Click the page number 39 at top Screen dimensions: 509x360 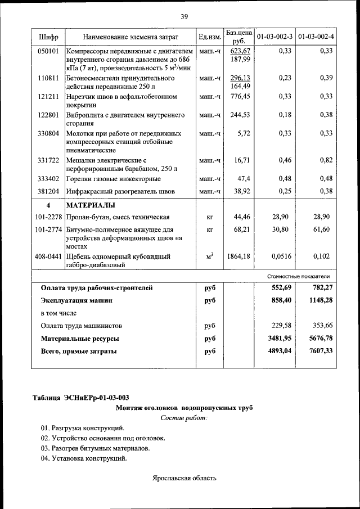(x=184, y=16)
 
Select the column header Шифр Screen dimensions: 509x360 (x=48, y=37)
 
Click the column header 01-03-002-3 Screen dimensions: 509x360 (x=274, y=37)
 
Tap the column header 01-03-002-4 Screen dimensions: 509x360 (x=316, y=37)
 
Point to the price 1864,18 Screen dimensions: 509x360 (x=238, y=256)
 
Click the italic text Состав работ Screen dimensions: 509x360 (x=184, y=418)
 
